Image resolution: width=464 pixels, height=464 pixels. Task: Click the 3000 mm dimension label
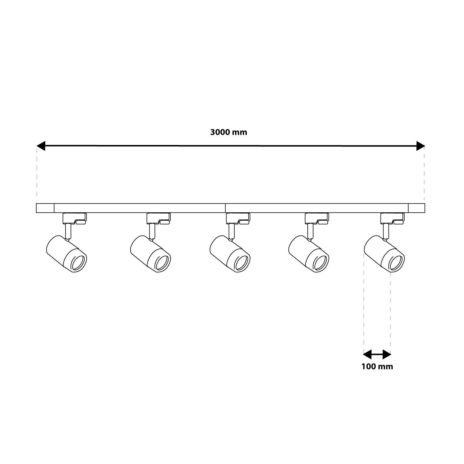[229, 132]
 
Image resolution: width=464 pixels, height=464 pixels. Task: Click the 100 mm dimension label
[377, 367]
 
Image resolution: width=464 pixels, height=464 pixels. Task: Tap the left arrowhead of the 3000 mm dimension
[41, 146]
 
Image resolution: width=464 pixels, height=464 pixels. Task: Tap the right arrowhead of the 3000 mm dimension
[420, 146]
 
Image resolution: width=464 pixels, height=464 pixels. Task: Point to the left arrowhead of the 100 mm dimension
[367, 354]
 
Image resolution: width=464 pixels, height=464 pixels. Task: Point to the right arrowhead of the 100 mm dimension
[387, 354]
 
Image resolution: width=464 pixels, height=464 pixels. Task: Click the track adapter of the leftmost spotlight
[75, 219]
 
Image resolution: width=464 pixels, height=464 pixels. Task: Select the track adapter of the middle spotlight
[238, 219]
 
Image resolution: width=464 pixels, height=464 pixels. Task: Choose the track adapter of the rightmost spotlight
[392, 219]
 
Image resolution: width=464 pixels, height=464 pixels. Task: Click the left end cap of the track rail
[45, 208]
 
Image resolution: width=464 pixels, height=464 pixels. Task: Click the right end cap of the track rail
[416, 208]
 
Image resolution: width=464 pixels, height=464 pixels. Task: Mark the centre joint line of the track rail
[225, 208]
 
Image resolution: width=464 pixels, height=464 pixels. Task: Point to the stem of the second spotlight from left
[152, 231]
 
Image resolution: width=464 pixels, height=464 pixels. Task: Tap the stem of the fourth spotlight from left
[310, 231]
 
